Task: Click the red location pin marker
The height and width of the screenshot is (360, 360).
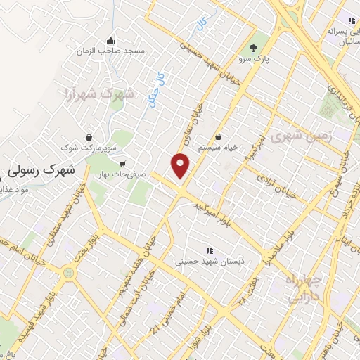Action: pyautogui.click(x=181, y=165)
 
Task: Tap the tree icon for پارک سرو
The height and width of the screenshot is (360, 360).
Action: pyautogui.click(x=252, y=48)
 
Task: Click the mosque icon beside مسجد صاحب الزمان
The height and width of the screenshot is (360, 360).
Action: pyautogui.click(x=111, y=39)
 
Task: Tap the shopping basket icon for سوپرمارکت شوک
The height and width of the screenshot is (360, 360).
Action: pyautogui.click(x=89, y=137)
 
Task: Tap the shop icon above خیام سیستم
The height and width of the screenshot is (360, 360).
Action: pyautogui.click(x=220, y=136)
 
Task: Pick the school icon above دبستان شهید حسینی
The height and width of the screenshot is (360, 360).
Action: pyautogui.click(x=209, y=250)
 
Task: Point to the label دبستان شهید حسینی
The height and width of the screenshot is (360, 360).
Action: pyautogui.click(x=209, y=262)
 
